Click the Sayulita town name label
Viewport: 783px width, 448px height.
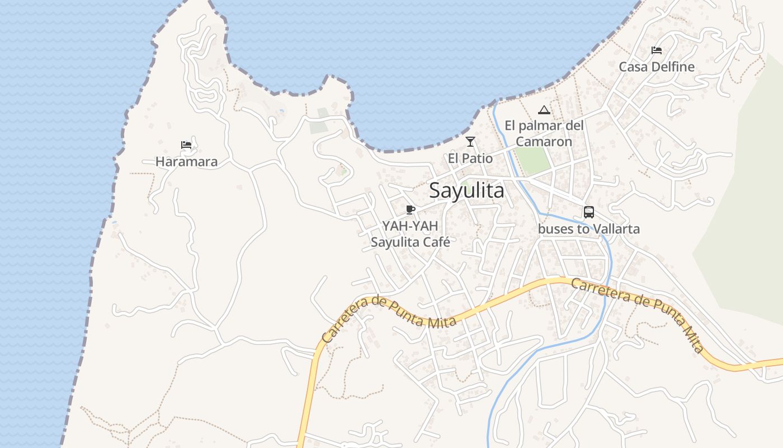click(466, 191)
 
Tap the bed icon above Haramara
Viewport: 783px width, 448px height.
click(186, 145)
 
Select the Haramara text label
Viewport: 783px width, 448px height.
click(186, 162)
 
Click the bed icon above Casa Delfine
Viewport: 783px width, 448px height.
click(657, 50)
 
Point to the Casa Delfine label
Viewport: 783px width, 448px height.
click(656, 67)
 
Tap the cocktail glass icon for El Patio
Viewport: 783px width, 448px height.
click(470, 142)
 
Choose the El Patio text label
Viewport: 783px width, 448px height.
click(470, 158)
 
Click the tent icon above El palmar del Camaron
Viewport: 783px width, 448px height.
click(544, 110)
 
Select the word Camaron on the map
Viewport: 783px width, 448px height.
click(544, 142)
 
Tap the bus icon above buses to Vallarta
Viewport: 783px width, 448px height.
click(589, 212)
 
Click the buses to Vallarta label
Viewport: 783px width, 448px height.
click(588, 229)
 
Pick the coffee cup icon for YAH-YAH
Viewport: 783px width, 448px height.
click(411, 210)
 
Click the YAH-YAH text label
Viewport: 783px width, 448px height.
click(411, 226)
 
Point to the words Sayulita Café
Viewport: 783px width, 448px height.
click(411, 242)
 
